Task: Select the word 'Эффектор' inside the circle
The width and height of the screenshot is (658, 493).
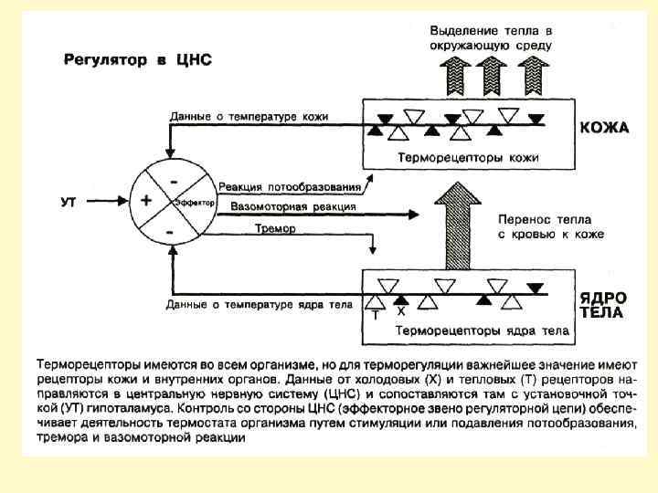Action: [x=193, y=201]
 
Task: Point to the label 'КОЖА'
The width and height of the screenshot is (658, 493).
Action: [x=604, y=128]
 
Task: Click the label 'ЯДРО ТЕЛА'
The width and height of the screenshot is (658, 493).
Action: [x=604, y=305]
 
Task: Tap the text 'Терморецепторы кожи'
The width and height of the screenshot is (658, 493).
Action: [x=467, y=157]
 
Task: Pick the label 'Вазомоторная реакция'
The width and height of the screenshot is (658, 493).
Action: [x=282, y=206]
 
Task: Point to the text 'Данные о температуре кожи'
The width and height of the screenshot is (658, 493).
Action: [x=249, y=117]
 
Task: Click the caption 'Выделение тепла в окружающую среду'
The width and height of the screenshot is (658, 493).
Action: [x=491, y=37]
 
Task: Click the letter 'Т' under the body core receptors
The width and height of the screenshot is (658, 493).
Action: [x=375, y=315]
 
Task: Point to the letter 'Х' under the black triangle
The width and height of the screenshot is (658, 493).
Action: [x=400, y=311]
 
